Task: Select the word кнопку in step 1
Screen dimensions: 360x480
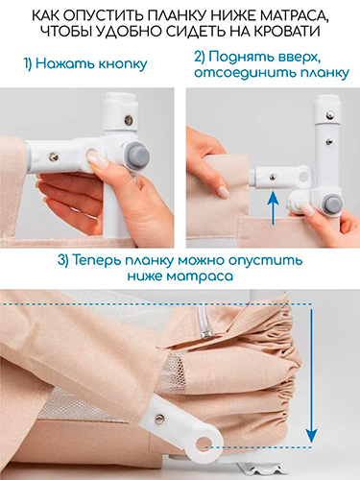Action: coord(123,64)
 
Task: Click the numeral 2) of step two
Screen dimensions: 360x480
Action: coord(200,58)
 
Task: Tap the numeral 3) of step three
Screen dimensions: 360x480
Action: coord(63,260)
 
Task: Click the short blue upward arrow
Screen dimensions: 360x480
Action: coord(272,207)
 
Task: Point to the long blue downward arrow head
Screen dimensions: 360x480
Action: coord(311,436)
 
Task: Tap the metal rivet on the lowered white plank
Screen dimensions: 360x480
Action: coord(158,418)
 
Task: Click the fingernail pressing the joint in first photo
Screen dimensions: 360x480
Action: coord(96,157)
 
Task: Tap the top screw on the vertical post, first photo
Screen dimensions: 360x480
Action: coord(129,119)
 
